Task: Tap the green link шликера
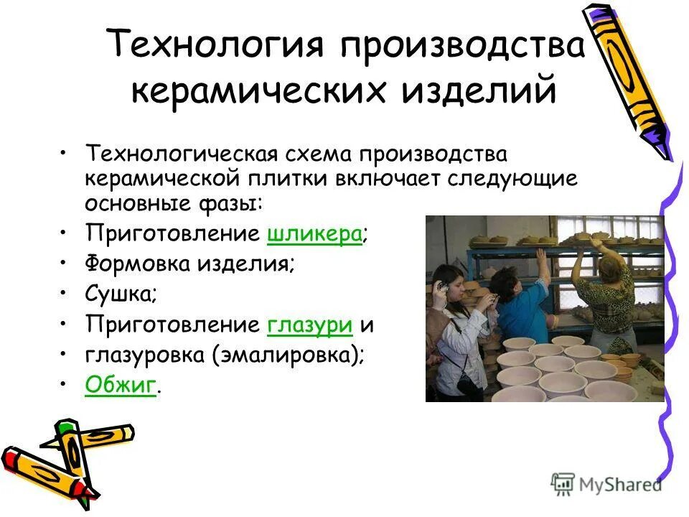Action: (x=314, y=233)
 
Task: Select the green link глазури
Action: (x=309, y=325)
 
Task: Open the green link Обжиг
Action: (x=120, y=386)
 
